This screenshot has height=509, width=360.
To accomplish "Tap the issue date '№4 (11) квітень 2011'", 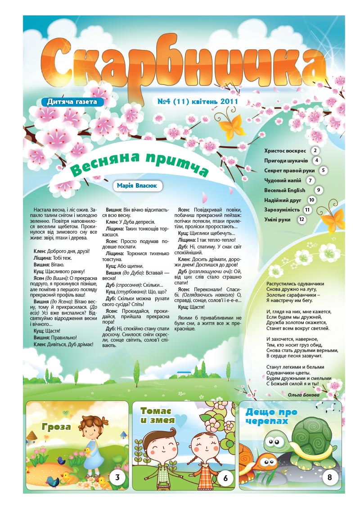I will click(198, 102).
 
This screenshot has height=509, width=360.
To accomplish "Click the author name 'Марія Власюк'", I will click(137, 185).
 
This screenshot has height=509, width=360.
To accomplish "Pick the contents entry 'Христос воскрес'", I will click(285, 151).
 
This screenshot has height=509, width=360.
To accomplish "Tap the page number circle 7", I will click(310, 180).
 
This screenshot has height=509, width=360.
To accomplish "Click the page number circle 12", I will click(301, 220).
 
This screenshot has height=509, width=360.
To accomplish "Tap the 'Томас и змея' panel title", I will click(156, 416).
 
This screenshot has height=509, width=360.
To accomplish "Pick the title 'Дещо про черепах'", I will click(267, 416).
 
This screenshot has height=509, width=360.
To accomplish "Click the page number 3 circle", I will click(117, 477).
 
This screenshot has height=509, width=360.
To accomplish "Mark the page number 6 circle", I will click(225, 478).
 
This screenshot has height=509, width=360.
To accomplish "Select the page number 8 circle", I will click(330, 477).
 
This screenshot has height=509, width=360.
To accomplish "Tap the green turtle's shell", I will click(312, 434).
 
